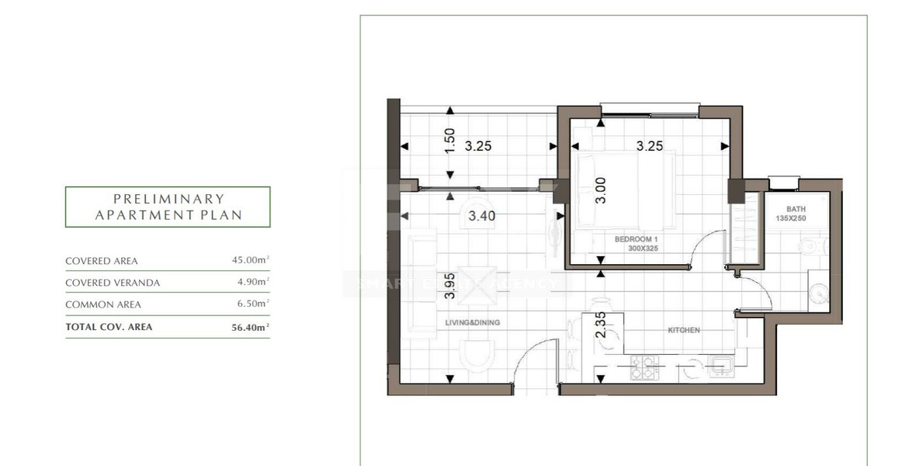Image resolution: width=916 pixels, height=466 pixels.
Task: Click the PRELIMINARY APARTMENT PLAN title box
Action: pyautogui.click(x=168, y=207)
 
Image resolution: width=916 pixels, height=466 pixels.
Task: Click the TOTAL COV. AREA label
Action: pyautogui.click(x=109, y=327)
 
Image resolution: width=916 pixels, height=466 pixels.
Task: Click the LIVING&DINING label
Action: pyautogui.click(x=472, y=322)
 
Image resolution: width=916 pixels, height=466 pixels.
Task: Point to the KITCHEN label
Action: pyautogui.click(x=684, y=330)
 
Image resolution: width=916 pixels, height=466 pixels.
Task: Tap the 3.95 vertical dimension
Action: pyautogui.click(x=449, y=285)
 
